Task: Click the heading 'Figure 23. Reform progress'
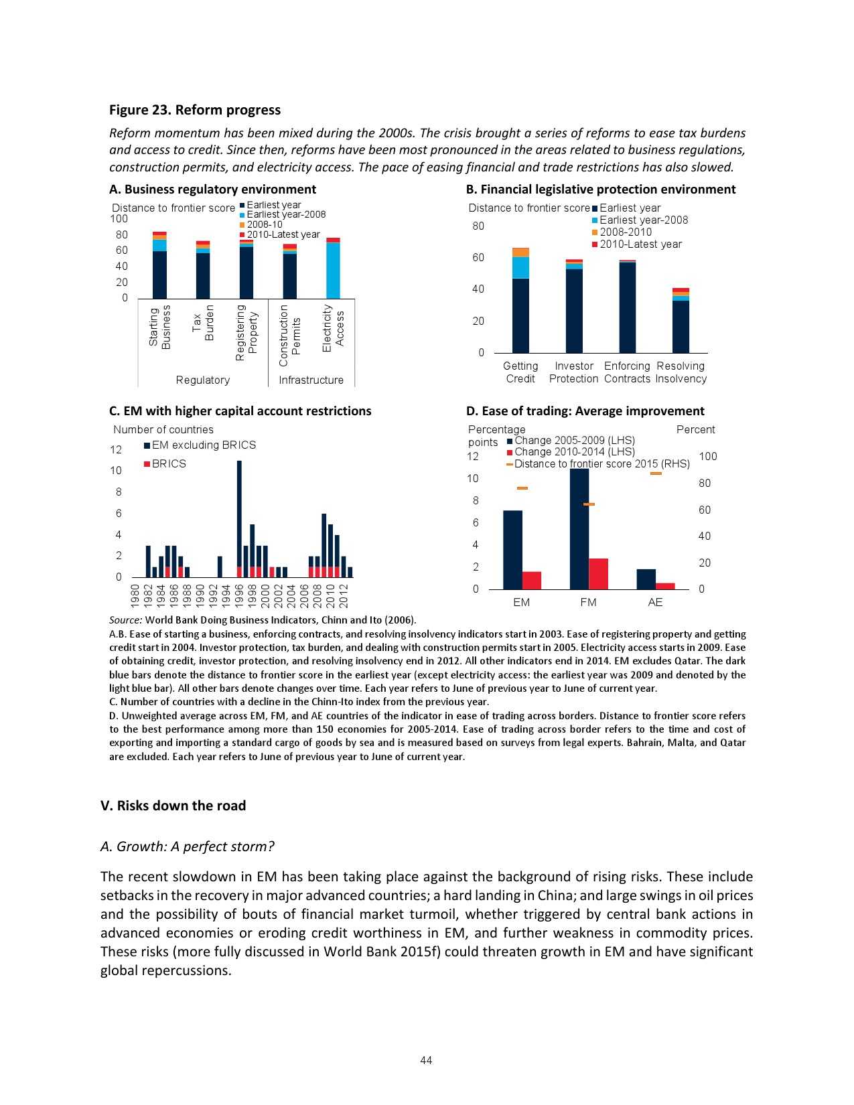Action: click(x=195, y=110)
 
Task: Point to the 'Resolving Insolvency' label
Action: click(x=681, y=372)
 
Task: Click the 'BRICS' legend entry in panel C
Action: click(x=168, y=463)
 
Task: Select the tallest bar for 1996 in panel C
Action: click(x=239, y=516)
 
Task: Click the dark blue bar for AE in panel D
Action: click(x=646, y=579)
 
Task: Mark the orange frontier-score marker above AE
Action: click(x=656, y=473)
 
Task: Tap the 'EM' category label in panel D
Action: click(x=521, y=602)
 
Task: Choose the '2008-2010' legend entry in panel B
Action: click(x=625, y=232)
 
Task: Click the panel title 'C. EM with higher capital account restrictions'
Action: click(x=240, y=411)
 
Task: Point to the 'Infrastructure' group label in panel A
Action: click(x=311, y=380)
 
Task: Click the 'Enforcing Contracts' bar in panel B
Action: click(x=628, y=307)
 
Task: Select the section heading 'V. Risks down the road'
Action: click(x=173, y=805)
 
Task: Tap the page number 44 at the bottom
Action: click(x=426, y=1059)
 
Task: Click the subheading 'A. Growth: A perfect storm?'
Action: click(x=187, y=846)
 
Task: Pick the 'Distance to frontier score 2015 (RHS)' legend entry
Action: click(x=601, y=463)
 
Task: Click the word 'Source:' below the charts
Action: click(x=126, y=619)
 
